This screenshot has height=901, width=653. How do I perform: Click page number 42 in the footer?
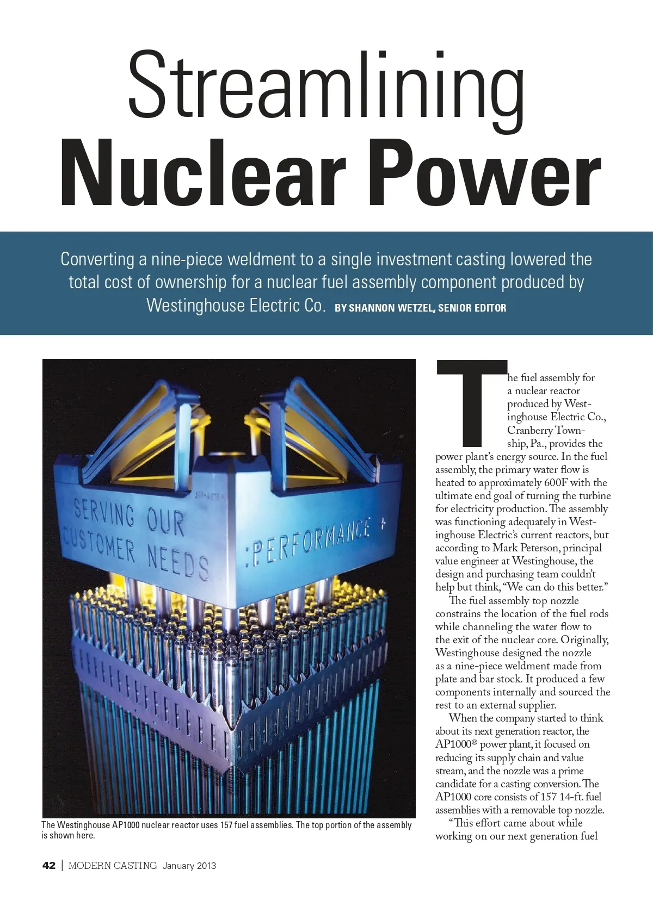[x=49, y=865]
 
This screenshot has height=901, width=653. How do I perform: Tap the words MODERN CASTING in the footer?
[x=113, y=865]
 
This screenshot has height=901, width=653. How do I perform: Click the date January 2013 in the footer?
[x=189, y=865]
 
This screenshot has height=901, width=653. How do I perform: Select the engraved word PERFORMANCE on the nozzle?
[x=310, y=544]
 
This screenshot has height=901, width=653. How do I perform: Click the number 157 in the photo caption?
[x=226, y=825]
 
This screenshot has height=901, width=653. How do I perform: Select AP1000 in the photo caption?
[x=126, y=825]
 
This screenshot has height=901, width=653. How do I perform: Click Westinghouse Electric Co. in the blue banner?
[x=236, y=305]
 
